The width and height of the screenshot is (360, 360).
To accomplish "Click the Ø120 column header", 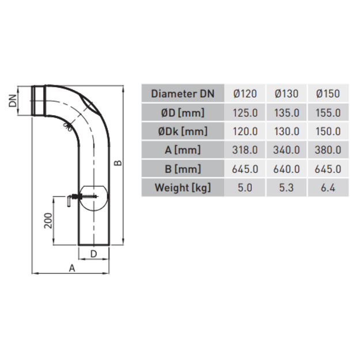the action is [x=245, y=94].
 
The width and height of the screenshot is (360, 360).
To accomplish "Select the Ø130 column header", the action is [x=286, y=94].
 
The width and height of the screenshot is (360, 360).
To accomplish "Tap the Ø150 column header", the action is [x=328, y=94].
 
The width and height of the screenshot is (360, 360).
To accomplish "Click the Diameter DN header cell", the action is [x=183, y=94].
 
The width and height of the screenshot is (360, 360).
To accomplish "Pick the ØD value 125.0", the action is [x=245, y=113].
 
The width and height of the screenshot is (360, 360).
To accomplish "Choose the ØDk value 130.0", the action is [x=286, y=131].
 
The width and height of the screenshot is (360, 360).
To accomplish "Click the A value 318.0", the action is [x=245, y=150].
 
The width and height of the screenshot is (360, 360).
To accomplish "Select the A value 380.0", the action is [x=328, y=150].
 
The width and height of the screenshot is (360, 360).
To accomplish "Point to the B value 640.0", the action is [x=286, y=169].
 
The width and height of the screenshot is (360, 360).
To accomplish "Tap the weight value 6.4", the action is [x=328, y=188].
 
